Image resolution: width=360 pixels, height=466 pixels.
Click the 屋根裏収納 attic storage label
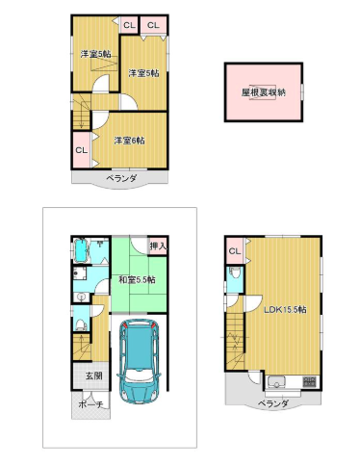coord(264,92)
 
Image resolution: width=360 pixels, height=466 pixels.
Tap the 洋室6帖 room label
coord(129,141)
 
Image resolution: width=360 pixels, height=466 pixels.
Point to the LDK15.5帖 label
coord(285,310)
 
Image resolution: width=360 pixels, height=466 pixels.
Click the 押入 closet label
coord(158,246)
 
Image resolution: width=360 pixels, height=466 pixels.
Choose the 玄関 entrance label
coord(93,375)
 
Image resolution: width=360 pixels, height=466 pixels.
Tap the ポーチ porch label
coord(90,404)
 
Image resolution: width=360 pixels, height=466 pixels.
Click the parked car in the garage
coord(140,361)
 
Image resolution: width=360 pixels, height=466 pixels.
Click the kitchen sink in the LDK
coord(276,381)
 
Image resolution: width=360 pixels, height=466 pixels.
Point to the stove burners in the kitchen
coord(310,381)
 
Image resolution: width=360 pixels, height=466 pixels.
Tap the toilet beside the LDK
coord(235,273)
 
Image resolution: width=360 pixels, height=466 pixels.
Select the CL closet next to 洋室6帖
coord(82,150)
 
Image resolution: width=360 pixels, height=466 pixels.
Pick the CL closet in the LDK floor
coord(235,251)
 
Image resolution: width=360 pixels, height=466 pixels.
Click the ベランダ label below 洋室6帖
coord(121,177)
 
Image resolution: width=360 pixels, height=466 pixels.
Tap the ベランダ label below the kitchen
coord(273,403)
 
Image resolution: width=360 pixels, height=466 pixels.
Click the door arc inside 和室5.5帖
coord(140,246)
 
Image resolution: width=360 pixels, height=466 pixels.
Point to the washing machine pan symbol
coord(79,273)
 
